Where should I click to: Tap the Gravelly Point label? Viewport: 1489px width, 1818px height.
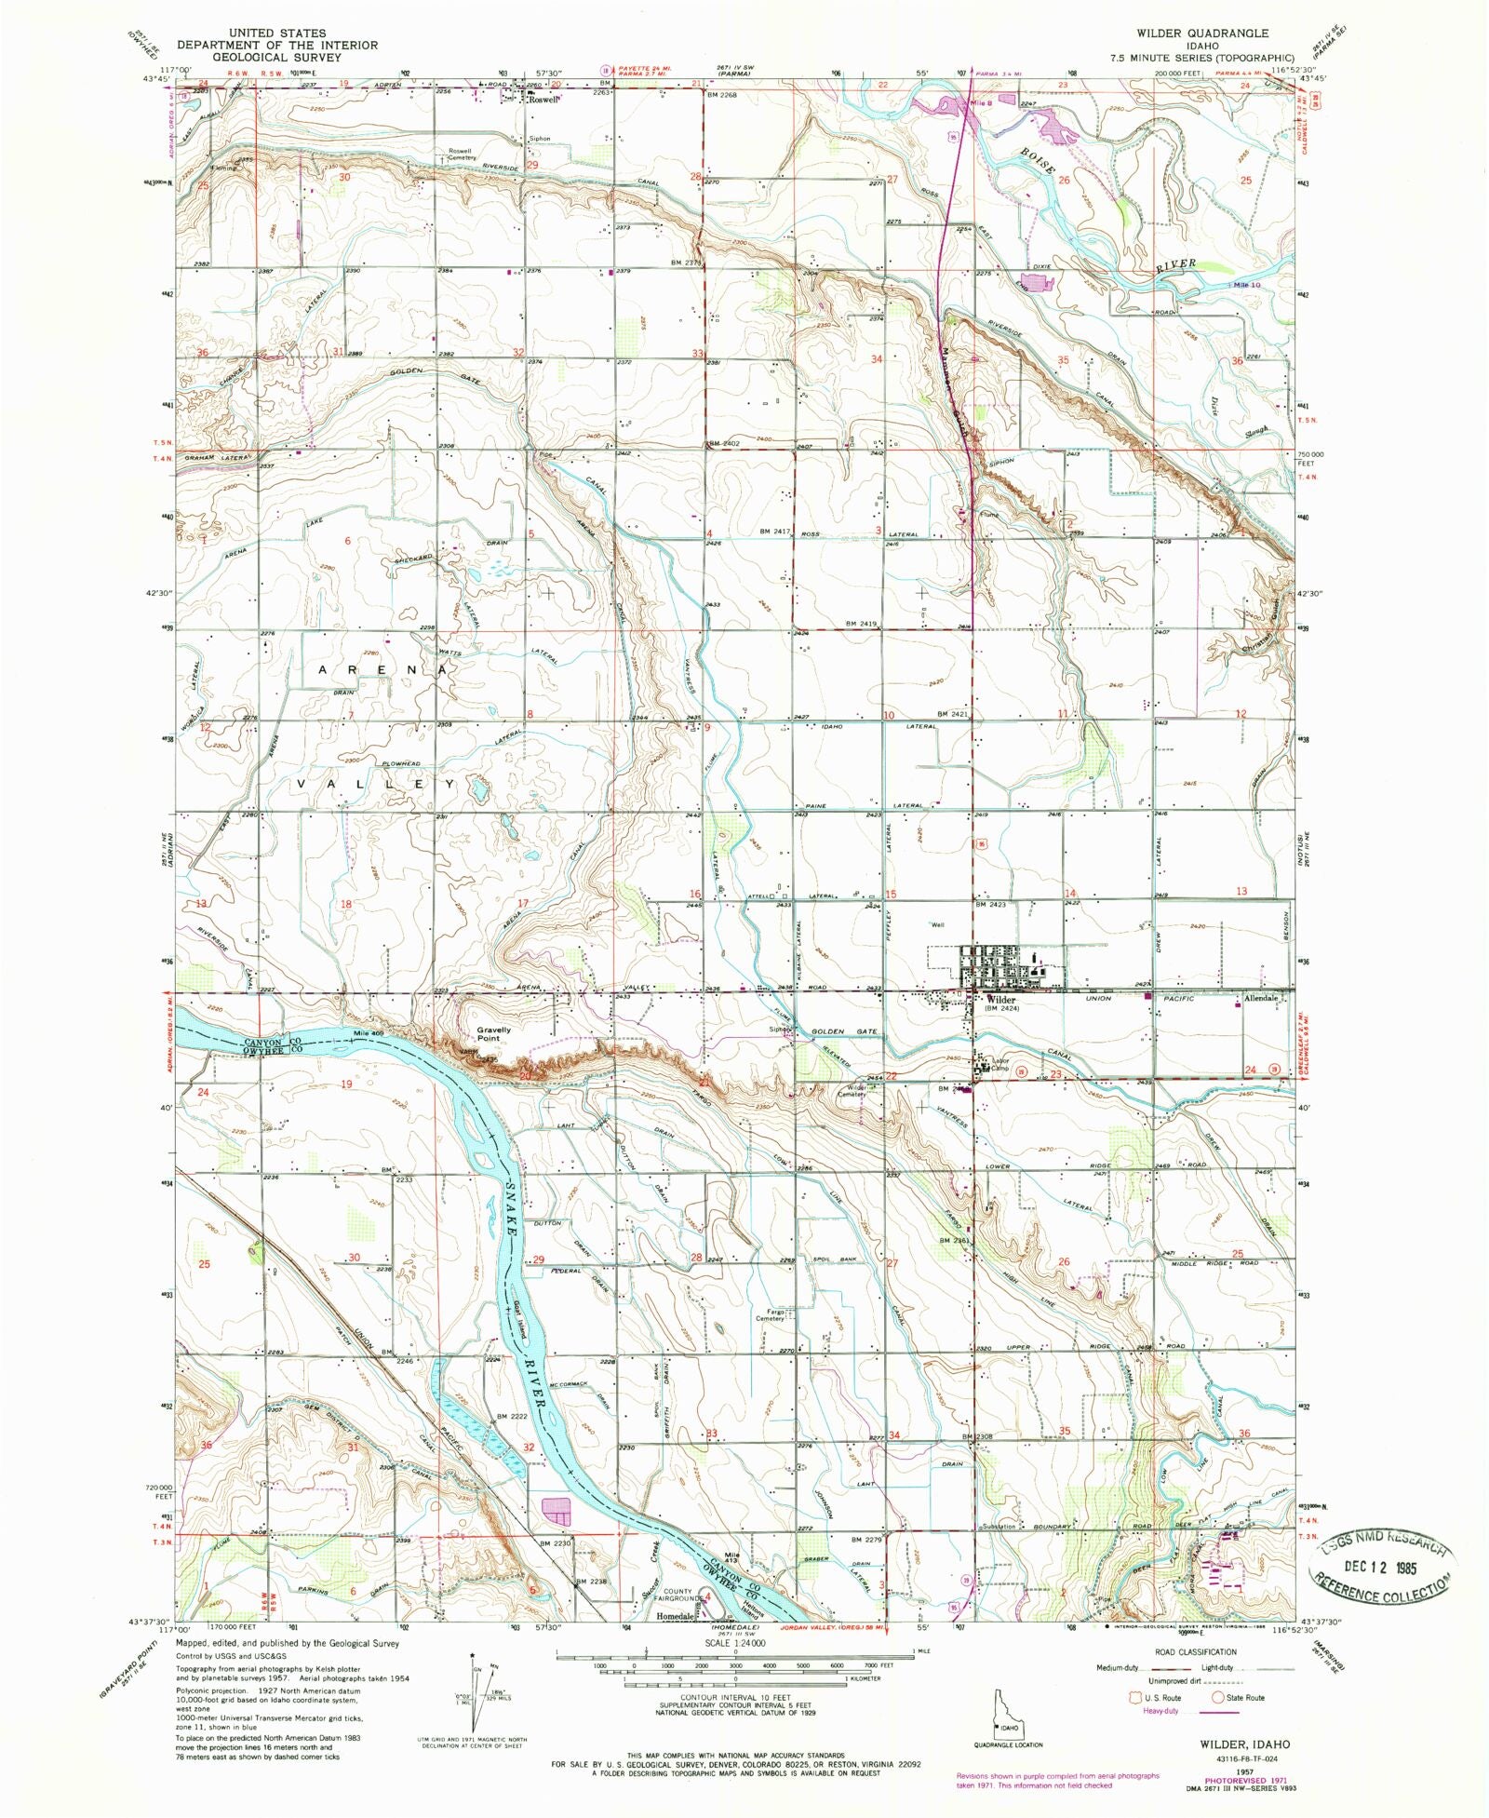493,1034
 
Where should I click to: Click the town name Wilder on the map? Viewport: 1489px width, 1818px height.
1001,1000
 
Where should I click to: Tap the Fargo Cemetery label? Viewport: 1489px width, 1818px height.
770,1314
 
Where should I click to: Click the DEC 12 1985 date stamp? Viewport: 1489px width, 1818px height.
1381,1567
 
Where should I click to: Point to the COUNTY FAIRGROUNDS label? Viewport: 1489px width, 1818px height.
677,1596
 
